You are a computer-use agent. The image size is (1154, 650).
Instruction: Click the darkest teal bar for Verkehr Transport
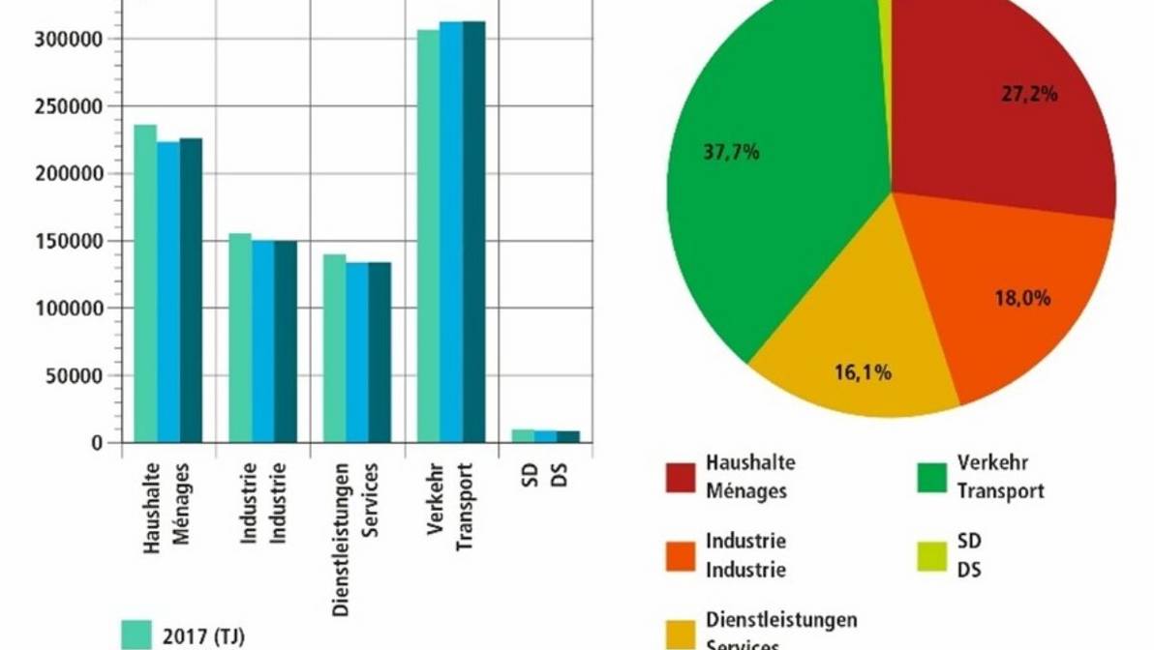click(473, 232)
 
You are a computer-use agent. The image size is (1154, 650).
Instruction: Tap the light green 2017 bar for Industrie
click(239, 339)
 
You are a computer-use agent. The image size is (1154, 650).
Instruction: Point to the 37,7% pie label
click(733, 152)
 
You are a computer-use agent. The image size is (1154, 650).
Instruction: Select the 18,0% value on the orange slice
click(1022, 299)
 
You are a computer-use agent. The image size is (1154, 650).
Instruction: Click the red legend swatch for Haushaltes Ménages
click(681, 478)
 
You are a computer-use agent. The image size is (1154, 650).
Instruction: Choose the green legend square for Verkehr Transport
click(931, 478)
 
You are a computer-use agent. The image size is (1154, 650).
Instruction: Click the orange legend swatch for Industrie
click(681, 555)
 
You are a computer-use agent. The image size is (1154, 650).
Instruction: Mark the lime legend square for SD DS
click(931, 555)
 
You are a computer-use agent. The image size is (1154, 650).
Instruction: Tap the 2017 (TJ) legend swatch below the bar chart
click(137, 634)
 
